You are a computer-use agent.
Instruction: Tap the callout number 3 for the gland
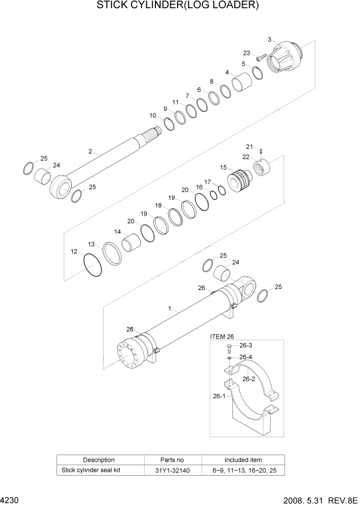(x=269, y=39)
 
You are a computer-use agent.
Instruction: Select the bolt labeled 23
(x=261, y=57)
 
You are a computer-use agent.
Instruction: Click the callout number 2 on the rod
(x=90, y=151)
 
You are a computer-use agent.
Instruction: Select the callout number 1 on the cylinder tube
(x=170, y=309)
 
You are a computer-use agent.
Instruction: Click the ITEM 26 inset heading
(x=222, y=336)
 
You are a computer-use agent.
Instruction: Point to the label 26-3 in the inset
(x=246, y=346)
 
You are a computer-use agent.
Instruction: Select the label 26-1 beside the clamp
(x=219, y=396)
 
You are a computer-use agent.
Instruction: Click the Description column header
(x=98, y=460)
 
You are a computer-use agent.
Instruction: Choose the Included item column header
(x=243, y=460)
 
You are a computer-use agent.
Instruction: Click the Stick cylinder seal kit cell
(x=91, y=469)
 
